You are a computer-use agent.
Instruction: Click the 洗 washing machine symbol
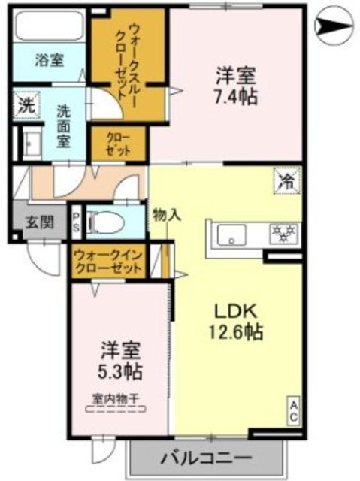coord(26,106)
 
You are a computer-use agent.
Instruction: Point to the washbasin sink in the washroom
coord(32,144)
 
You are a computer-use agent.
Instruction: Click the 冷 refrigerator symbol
coord(287,180)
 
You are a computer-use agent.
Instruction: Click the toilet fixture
coord(108,222)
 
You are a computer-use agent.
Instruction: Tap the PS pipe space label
coord(76,222)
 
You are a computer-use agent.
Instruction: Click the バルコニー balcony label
coord(204,457)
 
